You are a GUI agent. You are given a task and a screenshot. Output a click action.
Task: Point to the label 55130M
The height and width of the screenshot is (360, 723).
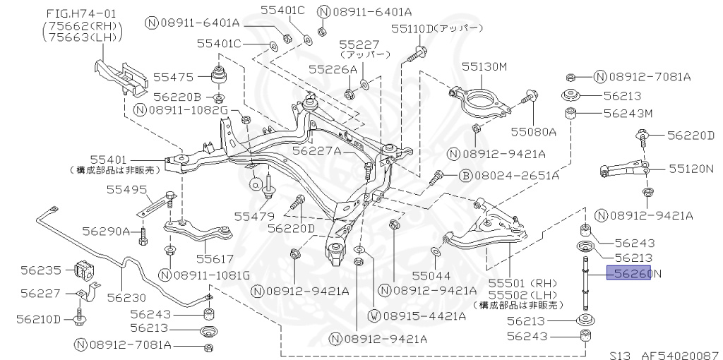[x=484, y=66]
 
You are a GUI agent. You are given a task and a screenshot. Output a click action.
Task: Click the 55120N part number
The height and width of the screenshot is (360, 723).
[x=691, y=169]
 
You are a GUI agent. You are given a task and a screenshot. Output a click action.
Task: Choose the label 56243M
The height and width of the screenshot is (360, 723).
[x=627, y=113]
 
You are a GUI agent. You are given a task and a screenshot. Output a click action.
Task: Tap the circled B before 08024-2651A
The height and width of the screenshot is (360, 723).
[x=465, y=174]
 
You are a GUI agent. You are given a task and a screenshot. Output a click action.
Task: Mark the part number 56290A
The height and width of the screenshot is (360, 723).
[x=106, y=231]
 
